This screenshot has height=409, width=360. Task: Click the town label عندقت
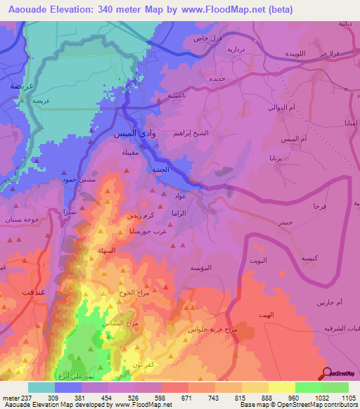(x=32, y=292)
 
